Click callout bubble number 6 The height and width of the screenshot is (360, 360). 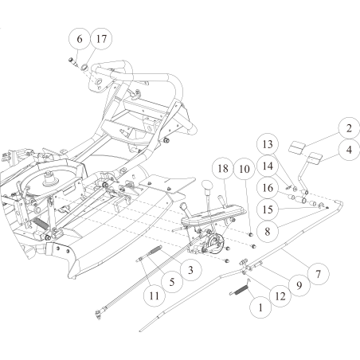(x=80, y=38)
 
